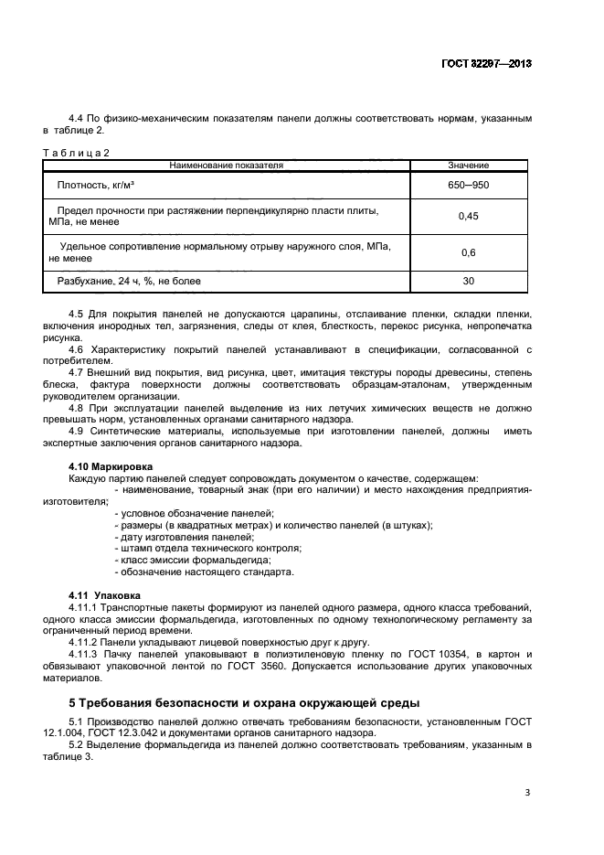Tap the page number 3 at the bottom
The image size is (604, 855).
click(x=527, y=793)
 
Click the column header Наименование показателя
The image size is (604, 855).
click(x=227, y=166)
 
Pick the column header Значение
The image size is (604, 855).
click(x=468, y=166)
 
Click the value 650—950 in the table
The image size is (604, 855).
click(x=468, y=185)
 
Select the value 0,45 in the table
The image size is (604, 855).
click(x=468, y=217)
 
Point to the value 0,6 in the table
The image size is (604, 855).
click(x=468, y=252)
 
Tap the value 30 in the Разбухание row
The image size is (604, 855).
click(x=468, y=282)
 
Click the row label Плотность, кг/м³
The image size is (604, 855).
click(x=96, y=185)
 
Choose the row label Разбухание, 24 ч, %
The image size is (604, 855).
click(x=129, y=282)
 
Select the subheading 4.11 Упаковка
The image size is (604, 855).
click(x=102, y=595)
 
